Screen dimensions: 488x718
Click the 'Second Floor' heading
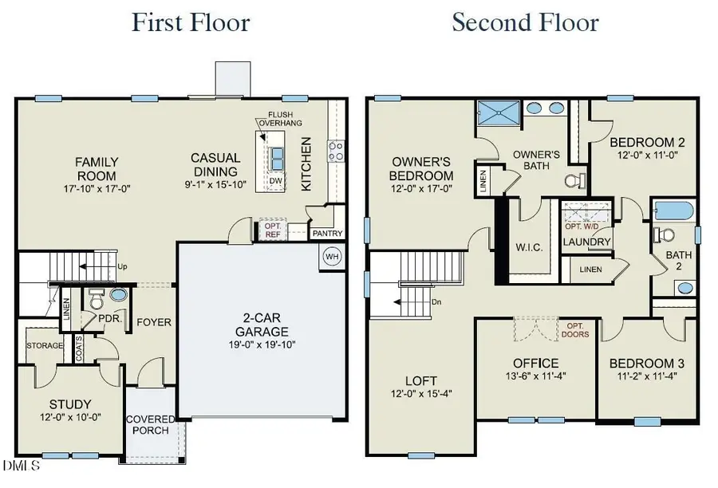[x=525, y=22]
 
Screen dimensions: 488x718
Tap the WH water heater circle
[x=332, y=257]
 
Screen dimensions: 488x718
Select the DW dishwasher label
[x=276, y=181]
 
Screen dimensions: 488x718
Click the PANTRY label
[x=326, y=234]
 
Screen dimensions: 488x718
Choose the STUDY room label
[x=69, y=403]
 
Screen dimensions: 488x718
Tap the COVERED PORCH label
[x=149, y=425]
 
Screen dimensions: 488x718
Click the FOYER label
[x=154, y=322]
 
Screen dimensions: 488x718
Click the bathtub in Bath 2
[x=672, y=212]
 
